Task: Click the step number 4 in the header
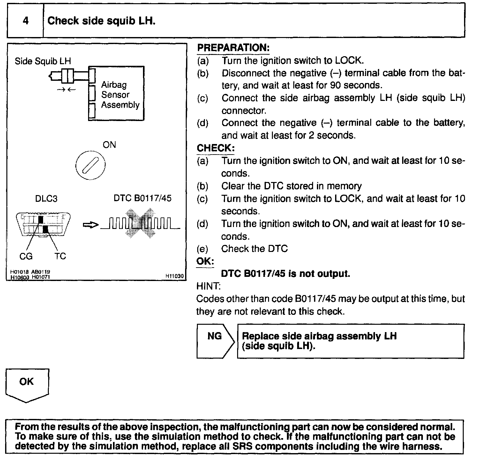pyautogui.click(x=26, y=21)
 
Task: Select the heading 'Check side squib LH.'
pyautogui.click(x=101, y=21)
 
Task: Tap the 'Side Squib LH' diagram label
pyautogui.click(x=43, y=61)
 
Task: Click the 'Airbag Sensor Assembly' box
pyautogui.click(x=116, y=94)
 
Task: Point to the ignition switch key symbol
pyautogui.click(x=90, y=165)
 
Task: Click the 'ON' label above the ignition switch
pyautogui.click(x=109, y=145)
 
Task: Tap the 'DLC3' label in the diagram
pyautogui.click(x=46, y=199)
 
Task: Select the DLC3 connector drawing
pyautogui.click(x=43, y=225)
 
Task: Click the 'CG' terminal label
pyautogui.click(x=26, y=256)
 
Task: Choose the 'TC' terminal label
pyautogui.click(x=60, y=256)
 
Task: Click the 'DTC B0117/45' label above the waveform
pyautogui.click(x=142, y=198)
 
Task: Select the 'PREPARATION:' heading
pyautogui.click(x=233, y=48)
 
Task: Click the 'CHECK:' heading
pyautogui.click(x=216, y=148)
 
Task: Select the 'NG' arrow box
pyautogui.click(x=215, y=341)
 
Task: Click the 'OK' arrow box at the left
pyautogui.click(x=27, y=385)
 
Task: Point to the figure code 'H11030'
pyautogui.click(x=175, y=276)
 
